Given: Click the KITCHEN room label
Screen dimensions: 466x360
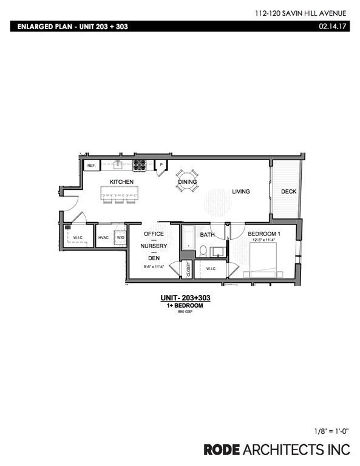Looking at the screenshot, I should point(121,182).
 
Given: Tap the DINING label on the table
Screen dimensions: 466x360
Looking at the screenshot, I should point(186,182).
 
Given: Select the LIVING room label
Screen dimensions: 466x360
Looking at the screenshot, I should point(241,192).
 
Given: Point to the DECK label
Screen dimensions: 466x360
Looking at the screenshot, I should point(288,192).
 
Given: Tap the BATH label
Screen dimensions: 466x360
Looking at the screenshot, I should point(208,234).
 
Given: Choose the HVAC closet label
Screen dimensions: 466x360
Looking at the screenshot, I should point(103,238).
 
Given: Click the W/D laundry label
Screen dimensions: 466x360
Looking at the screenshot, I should point(120,238).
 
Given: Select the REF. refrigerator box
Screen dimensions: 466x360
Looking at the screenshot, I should point(92,166).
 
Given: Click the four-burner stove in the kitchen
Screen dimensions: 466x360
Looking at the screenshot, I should point(139,164).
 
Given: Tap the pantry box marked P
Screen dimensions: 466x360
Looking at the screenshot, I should point(161,165).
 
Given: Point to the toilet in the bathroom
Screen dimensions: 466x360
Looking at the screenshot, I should point(204,251).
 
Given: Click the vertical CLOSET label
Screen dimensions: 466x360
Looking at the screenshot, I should point(188,268).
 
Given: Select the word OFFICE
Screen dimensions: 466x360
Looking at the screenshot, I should point(154,234).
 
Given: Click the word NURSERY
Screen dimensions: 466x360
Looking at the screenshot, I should point(154,246).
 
